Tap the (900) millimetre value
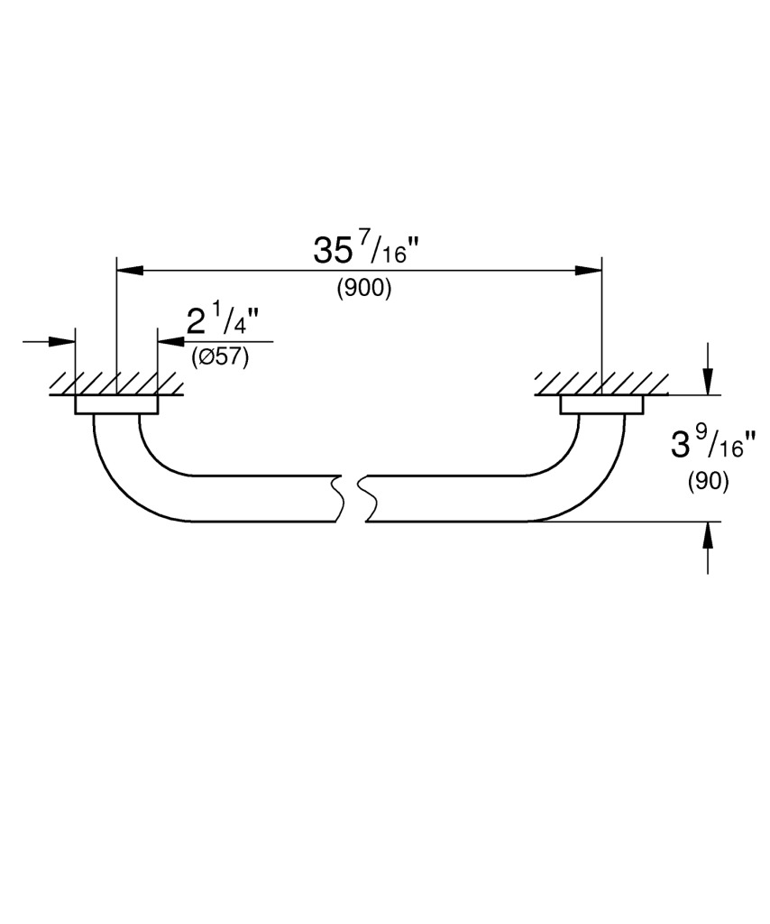point(363,289)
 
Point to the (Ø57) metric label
point(220,357)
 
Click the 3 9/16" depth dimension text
point(713,446)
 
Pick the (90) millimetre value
point(708,482)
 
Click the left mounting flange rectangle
point(116,405)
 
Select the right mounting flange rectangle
point(602,405)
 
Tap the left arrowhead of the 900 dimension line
point(130,271)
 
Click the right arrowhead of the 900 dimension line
point(589,271)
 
